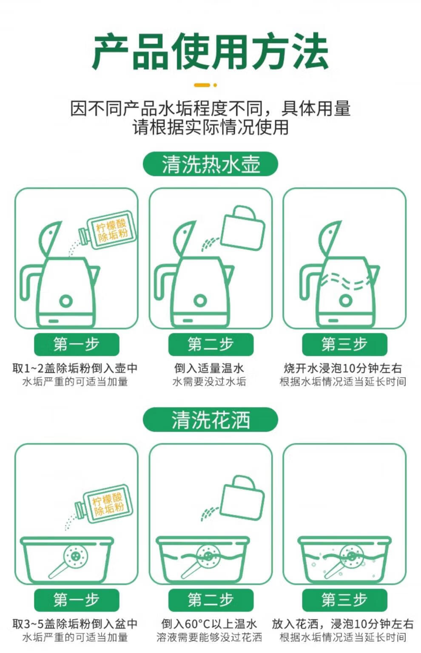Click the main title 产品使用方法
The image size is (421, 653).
tap(210, 52)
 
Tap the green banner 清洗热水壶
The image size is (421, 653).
tap(210, 164)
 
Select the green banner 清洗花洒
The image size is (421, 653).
tap(210, 420)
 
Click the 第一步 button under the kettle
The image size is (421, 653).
tap(77, 344)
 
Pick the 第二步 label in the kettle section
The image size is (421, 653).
tap(210, 344)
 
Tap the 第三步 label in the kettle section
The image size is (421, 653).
tap(344, 344)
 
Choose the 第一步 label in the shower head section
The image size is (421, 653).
tap(77, 600)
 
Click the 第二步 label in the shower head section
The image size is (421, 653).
tap(210, 600)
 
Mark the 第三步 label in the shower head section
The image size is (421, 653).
tap(344, 600)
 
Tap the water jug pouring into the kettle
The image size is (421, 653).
tap(242, 228)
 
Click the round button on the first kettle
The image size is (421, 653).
tap(66, 301)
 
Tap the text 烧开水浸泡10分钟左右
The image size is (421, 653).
tap(343, 368)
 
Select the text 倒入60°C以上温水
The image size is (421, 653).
tap(209, 624)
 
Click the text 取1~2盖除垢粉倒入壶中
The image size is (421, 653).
tap(75, 368)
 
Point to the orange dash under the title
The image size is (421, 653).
tap(202, 85)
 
